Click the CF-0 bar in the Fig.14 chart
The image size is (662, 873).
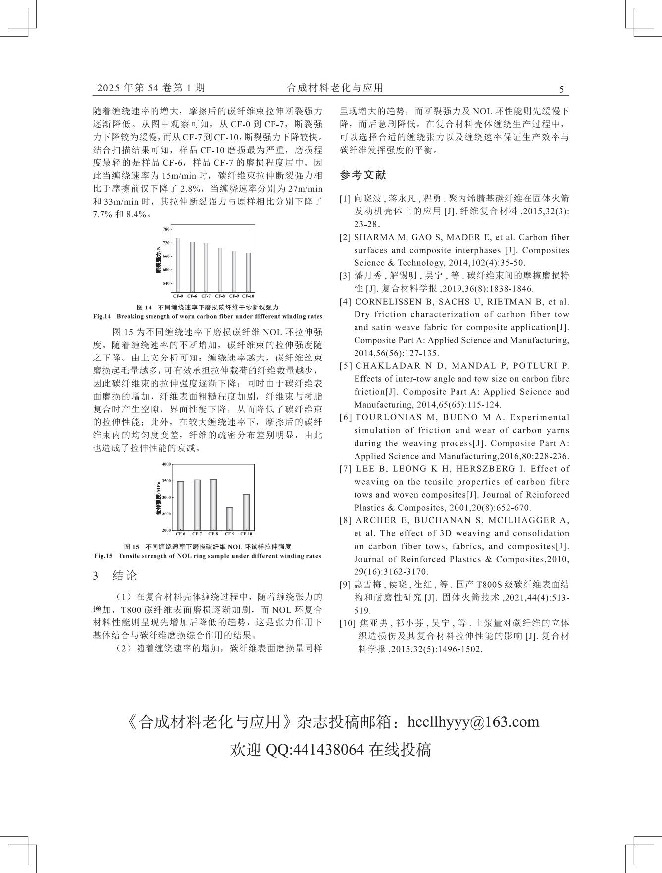(x=178, y=266)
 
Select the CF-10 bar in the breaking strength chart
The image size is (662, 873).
(x=248, y=273)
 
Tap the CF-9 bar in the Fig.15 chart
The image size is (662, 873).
(x=230, y=518)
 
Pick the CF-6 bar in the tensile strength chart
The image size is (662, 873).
(x=180, y=506)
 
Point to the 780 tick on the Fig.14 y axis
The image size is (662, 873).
(x=166, y=229)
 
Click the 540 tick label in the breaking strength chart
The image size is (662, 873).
(x=166, y=284)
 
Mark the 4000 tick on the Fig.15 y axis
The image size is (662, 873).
(x=166, y=464)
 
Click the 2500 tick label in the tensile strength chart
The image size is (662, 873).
(x=166, y=514)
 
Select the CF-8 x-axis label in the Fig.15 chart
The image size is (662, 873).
(x=213, y=534)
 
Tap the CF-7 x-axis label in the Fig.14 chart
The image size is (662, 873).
(x=206, y=296)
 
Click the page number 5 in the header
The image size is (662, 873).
(x=561, y=90)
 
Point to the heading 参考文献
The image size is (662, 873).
(x=362, y=175)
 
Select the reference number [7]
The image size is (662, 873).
(x=346, y=469)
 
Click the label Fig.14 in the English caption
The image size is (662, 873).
(x=102, y=317)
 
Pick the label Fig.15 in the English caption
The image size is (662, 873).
(x=103, y=556)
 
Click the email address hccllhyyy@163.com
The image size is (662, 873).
(x=473, y=722)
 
